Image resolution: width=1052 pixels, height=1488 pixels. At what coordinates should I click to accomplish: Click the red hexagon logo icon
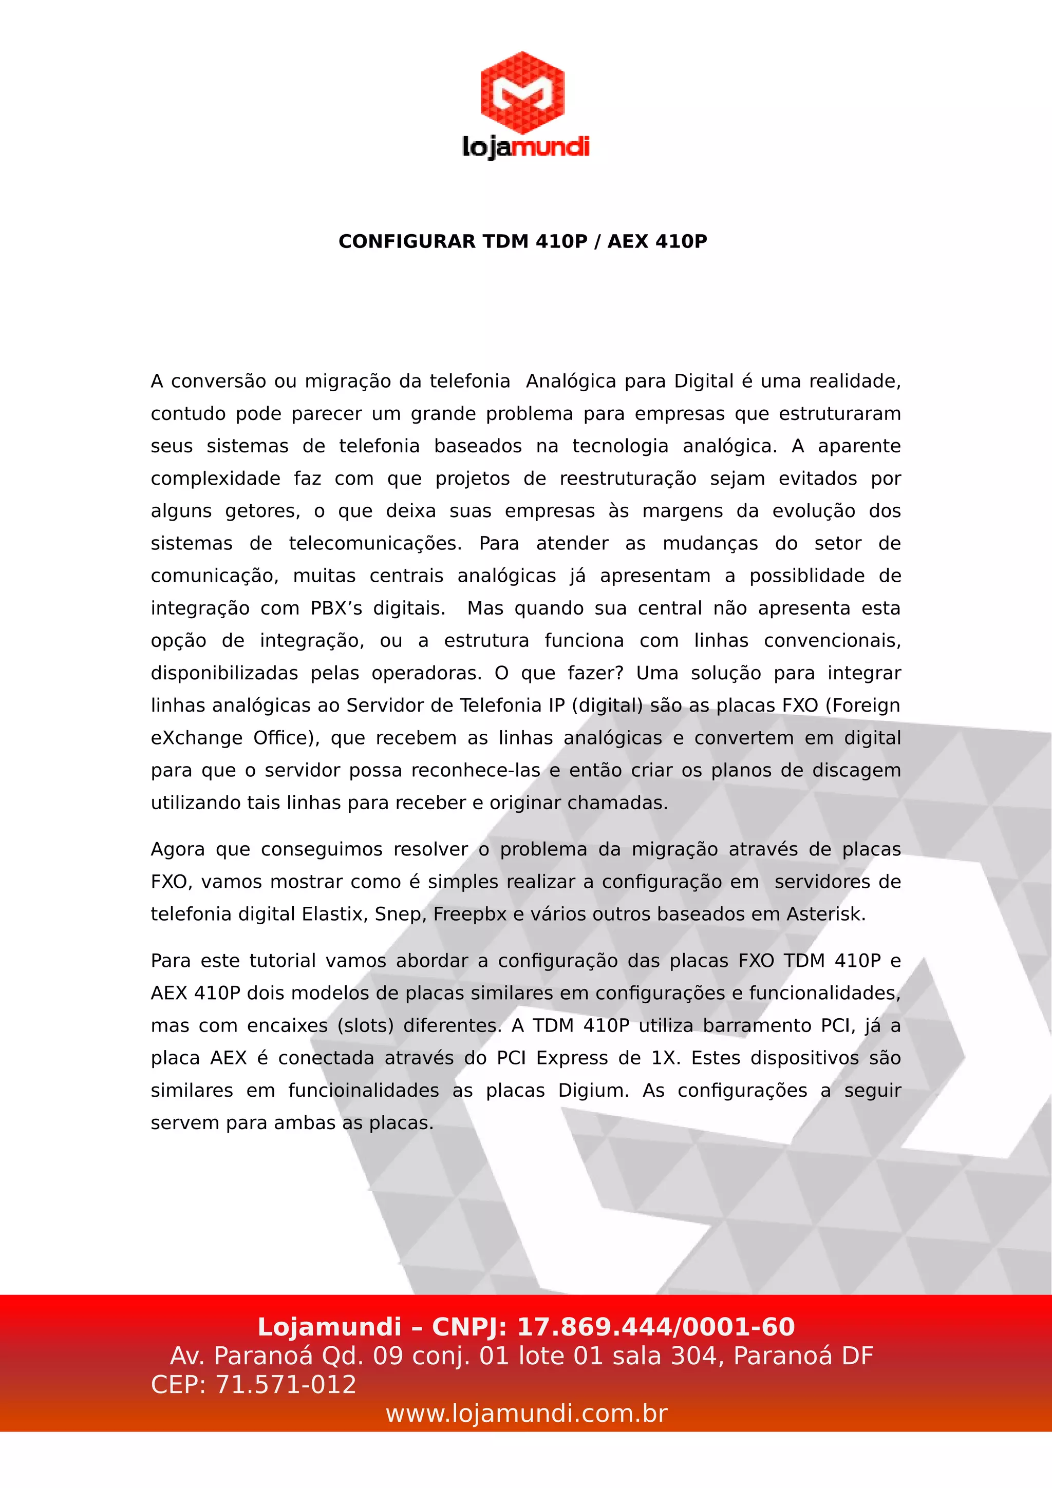522,92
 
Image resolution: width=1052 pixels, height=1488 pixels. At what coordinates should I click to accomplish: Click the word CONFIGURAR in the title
407,242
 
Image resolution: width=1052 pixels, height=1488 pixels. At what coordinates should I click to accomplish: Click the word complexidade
215,479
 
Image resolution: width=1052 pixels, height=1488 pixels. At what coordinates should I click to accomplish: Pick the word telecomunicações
375,544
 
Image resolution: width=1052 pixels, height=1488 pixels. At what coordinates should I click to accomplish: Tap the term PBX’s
336,608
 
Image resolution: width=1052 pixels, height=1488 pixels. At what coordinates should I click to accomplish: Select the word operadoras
426,673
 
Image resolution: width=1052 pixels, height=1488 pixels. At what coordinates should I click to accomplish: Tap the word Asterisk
826,914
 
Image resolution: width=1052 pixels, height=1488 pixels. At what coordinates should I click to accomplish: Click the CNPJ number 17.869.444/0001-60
656,1327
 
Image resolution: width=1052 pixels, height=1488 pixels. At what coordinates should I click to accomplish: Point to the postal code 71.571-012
285,1385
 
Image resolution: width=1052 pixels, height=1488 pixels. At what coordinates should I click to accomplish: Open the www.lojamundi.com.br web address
527,1414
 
